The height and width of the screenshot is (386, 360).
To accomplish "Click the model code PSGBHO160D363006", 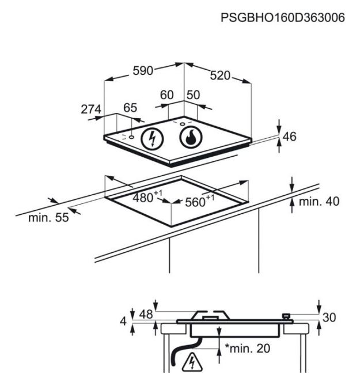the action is (282, 18).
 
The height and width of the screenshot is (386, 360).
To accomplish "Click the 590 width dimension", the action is (143, 71).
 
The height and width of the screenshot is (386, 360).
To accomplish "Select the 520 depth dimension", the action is (220, 75).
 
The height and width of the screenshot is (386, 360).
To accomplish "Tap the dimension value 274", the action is (91, 109).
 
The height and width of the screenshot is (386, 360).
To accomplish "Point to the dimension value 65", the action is (130, 108).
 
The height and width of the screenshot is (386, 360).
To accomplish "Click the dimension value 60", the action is (167, 95).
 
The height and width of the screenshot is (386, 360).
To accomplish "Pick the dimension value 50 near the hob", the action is (193, 95).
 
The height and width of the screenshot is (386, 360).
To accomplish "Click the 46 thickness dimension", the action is (289, 137).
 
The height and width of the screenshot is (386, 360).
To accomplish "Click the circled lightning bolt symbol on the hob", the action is (152, 139).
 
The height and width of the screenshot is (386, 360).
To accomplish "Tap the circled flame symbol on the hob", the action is (191, 137).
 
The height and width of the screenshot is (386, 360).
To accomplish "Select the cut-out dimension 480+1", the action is (147, 196).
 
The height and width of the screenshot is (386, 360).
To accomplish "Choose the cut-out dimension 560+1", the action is (200, 201).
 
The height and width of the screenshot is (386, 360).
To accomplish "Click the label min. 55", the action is (48, 218).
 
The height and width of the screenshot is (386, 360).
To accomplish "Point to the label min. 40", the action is (319, 202).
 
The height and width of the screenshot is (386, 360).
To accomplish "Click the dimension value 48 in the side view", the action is (146, 314).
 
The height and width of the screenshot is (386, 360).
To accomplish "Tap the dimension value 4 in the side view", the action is (123, 321).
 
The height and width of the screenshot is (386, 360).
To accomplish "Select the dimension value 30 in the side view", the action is (329, 317).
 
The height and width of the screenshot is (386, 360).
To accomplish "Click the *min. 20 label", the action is (248, 349).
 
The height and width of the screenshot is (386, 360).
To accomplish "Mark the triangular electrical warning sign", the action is (192, 362).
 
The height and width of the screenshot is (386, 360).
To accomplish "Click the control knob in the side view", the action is (286, 317).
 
